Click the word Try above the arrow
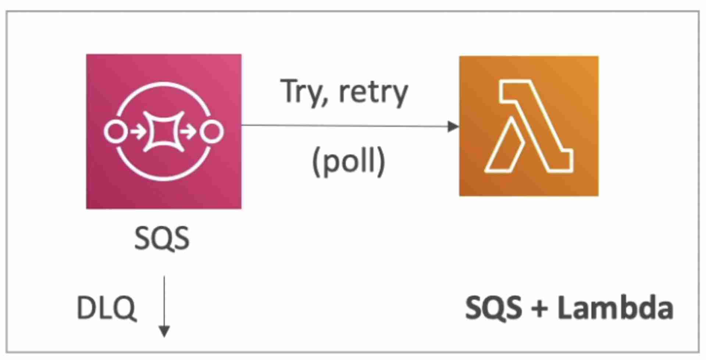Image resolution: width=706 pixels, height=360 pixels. (x=301, y=92)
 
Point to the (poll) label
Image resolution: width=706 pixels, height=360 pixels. (x=348, y=162)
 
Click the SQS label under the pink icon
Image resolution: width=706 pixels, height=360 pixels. (x=162, y=238)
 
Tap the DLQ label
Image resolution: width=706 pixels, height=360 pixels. (x=106, y=308)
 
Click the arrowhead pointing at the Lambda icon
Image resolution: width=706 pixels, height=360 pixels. (x=453, y=126)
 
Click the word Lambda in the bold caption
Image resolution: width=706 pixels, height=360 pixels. (x=615, y=308)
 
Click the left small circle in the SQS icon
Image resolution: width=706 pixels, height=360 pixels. (x=116, y=132)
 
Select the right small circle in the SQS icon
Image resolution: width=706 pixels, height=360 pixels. (x=212, y=132)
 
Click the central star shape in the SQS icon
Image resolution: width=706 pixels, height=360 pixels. (x=164, y=131)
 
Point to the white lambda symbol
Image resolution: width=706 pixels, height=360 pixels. (x=528, y=126)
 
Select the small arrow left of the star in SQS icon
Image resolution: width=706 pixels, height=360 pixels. (x=138, y=132)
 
